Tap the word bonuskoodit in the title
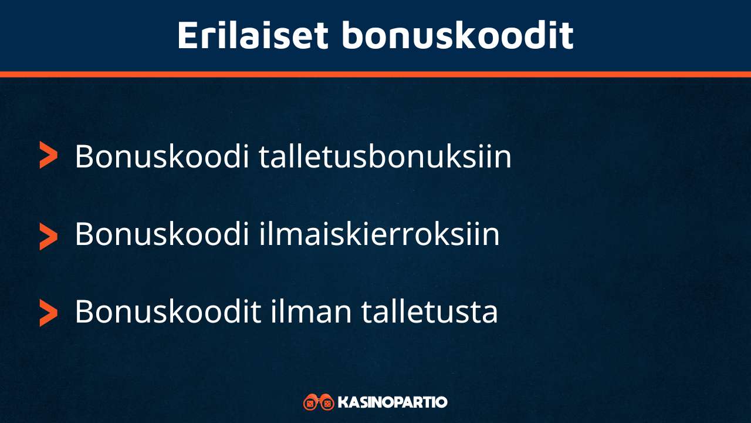[457, 35]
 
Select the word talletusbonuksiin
[385, 157]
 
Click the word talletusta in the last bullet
[429, 311]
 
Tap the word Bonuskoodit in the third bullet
[168, 311]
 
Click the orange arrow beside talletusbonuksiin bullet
[48, 155]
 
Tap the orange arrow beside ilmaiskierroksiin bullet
[48, 236]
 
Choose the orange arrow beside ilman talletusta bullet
[48, 312]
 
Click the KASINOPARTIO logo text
[393, 402]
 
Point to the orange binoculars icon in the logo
[319, 402]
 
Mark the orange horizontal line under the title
[375, 74]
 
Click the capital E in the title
[187, 35]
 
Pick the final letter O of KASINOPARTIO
[442, 402]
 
